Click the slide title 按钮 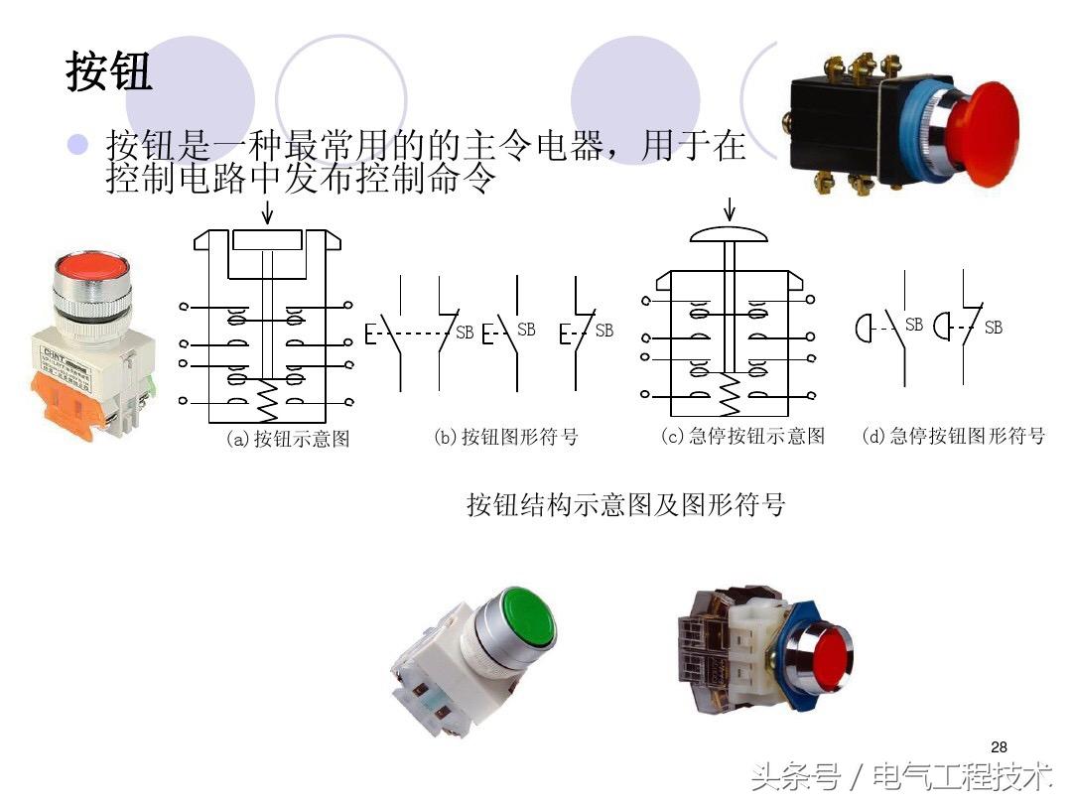109,71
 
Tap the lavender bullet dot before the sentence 78,145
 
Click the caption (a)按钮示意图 288,439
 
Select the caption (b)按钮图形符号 505,437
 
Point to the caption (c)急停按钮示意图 742,436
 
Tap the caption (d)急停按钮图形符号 953,436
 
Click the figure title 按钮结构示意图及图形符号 625,504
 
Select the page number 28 999,746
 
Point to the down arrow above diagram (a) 266,212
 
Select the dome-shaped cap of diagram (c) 730,234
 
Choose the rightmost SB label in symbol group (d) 993,327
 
